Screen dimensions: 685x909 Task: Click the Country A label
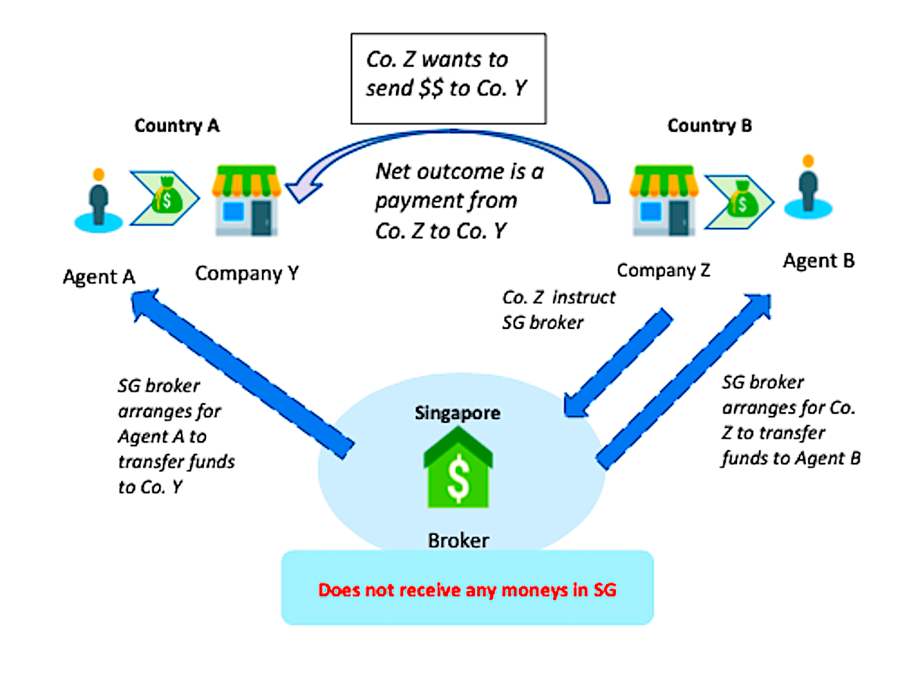[176, 126]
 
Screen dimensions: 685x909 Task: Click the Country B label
[709, 126]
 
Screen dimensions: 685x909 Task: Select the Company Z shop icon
[663, 201]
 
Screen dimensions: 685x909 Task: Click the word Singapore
[457, 414]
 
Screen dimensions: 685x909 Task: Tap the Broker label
[458, 540]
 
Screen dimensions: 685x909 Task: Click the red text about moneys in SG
[467, 590]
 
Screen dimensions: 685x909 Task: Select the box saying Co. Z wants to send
[448, 77]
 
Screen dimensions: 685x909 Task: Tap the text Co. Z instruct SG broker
[558, 309]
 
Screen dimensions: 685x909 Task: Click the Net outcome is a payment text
[459, 201]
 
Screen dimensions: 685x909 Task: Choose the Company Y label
[247, 273]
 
